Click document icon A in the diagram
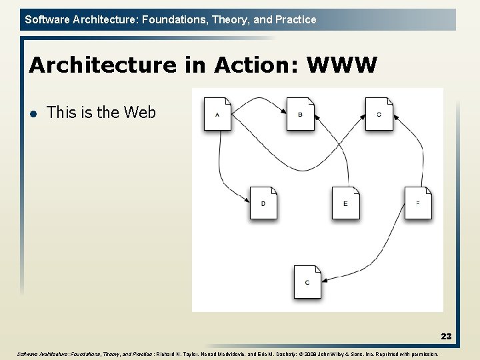(217, 114)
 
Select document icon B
(300, 114)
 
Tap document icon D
(263, 203)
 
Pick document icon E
(345, 203)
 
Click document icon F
(418, 203)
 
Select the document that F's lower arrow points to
(307, 282)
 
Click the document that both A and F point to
(379, 114)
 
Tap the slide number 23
(446, 337)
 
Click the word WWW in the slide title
(342, 65)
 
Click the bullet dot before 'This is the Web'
(33, 113)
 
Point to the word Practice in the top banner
(295, 19)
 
